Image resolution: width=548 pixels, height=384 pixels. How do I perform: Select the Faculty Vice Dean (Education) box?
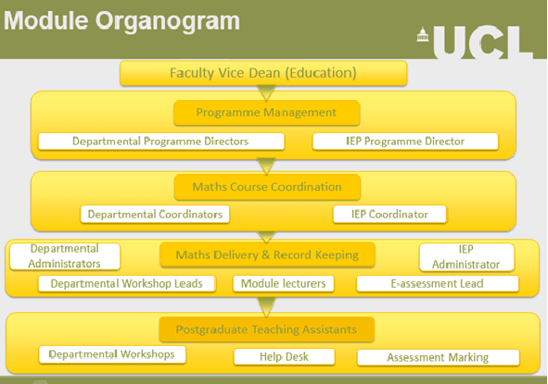(263, 73)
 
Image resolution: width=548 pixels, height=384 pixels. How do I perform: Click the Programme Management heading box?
(265, 113)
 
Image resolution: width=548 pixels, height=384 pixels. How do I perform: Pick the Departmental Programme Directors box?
(160, 142)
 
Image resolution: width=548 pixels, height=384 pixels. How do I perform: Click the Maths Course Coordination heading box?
(266, 187)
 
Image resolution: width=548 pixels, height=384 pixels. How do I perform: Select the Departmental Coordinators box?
(155, 215)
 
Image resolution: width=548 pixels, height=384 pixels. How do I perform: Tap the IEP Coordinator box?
(389, 215)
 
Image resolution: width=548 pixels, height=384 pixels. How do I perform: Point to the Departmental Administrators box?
(65, 256)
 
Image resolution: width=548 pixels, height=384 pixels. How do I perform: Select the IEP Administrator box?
(466, 256)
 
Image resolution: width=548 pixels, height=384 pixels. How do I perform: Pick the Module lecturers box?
(284, 284)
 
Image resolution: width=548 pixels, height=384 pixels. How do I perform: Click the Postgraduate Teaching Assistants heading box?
(266, 328)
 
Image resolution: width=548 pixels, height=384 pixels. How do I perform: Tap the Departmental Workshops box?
(111, 354)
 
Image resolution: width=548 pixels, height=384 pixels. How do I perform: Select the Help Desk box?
(284, 357)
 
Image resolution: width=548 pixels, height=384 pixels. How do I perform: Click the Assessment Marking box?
(438, 357)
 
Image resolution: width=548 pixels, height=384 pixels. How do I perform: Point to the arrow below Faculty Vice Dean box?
(266, 91)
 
